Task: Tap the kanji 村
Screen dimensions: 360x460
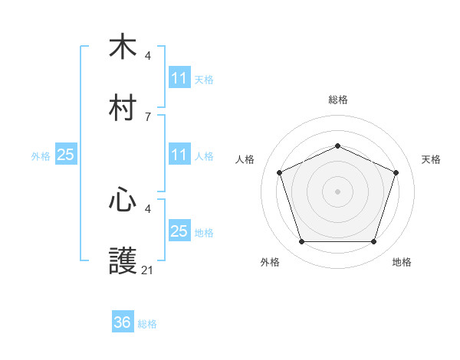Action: [x=123, y=108]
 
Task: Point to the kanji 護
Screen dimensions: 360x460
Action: [x=123, y=261]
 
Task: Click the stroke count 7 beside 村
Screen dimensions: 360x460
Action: [x=148, y=117]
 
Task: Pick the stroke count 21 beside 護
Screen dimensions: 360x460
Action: [x=148, y=270]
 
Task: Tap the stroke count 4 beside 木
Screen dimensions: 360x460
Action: [x=148, y=55]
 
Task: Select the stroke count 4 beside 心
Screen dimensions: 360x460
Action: [x=148, y=208]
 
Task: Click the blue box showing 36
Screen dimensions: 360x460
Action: [x=123, y=322]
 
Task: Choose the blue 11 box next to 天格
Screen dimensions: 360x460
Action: [x=179, y=78]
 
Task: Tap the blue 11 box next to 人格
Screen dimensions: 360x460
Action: [x=179, y=155]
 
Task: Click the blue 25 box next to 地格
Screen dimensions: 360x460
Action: [x=179, y=231]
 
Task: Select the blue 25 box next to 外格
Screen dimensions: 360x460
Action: [x=66, y=155]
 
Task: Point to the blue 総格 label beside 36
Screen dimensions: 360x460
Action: [x=147, y=324]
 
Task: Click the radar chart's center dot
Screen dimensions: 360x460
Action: [x=337, y=191]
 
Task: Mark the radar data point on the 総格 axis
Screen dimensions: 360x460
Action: [x=337, y=146]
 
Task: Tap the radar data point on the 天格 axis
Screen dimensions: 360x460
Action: [x=396, y=172]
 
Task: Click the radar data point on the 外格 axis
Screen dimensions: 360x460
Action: [x=301, y=241]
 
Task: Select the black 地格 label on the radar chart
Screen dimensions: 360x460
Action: [x=402, y=263]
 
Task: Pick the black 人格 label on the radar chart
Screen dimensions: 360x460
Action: [x=245, y=159]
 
